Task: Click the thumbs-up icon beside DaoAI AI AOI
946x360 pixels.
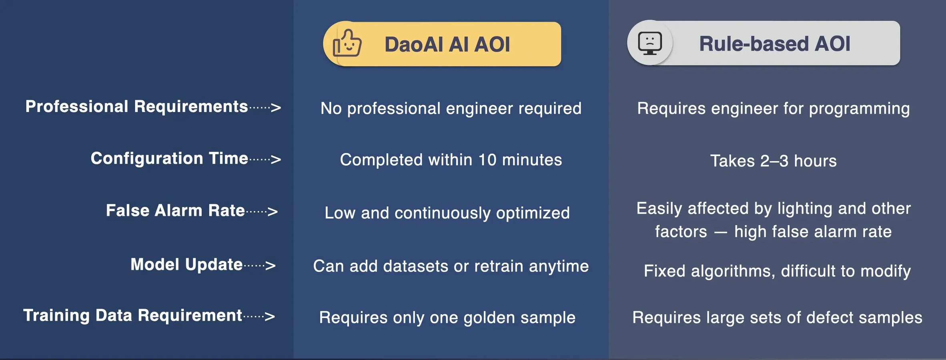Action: coord(347,43)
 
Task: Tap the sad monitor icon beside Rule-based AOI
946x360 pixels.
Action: coord(650,43)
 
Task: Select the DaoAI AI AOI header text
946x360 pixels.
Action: coord(447,44)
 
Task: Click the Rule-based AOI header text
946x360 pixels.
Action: coord(774,43)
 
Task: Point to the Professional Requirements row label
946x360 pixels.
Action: coord(136,106)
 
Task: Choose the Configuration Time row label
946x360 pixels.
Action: coord(169,158)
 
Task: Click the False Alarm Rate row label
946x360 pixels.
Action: coord(175,210)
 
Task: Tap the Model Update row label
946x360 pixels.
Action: coord(186,264)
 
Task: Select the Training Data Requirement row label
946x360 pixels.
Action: coord(132,315)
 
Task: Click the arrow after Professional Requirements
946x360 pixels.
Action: coord(265,107)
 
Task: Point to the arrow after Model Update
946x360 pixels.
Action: coord(260,265)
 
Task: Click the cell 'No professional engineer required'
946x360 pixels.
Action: coord(451,108)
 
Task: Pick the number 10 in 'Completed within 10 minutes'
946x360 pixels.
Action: coord(487,160)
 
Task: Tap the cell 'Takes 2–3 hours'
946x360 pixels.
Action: coord(773,161)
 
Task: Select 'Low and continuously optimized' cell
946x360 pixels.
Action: coord(447,213)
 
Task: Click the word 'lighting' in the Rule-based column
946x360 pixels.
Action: coord(805,208)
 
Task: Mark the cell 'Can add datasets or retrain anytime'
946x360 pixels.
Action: coord(451,266)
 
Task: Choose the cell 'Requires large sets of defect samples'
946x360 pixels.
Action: coord(777,317)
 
